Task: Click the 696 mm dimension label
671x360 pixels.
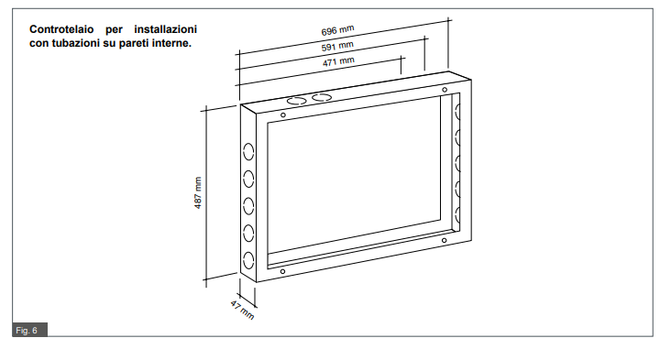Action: point(337,30)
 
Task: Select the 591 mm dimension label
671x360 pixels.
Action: point(337,46)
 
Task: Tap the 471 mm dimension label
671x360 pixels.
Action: point(338,61)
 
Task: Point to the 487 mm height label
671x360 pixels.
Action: point(198,193)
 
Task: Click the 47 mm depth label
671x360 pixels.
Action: point(242,310)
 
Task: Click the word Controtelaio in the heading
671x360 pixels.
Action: point(61,29)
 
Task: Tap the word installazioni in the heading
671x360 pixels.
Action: point(166,29)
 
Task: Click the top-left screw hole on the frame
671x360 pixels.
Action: point(283,115)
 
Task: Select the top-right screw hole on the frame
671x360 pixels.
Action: point(445,90)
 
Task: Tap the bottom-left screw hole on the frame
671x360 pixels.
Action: point(282,271)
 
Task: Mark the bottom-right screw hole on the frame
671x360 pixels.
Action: point(445,241)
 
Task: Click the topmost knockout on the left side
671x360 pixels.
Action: point(248,152)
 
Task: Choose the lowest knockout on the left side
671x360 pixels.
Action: point(248,260)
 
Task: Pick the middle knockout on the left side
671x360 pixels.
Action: point(248,206)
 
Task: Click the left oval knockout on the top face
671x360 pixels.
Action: point(297,101)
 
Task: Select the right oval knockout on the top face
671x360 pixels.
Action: point(322,97)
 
